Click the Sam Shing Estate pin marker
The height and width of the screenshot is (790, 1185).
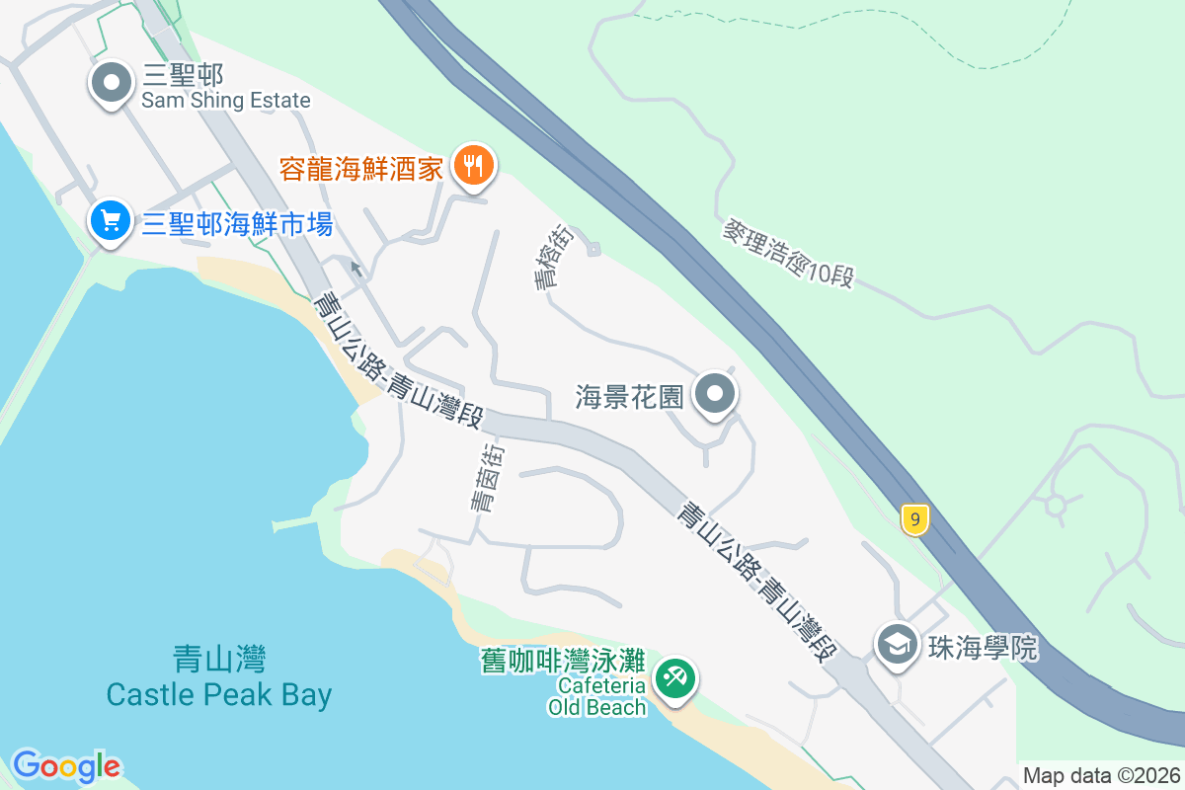tap(111, 83)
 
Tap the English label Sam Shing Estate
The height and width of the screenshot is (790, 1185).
tap(225, 101)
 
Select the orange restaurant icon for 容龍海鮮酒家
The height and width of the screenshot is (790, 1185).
tap(473, 166)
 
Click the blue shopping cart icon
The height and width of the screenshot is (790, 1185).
tap(111, 221)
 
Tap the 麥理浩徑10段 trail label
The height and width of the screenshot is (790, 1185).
tap(787, 253)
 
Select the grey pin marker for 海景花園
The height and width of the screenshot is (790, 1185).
tap(716, 395)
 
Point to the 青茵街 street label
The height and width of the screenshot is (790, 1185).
tap(487, 477)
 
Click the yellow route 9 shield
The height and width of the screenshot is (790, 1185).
tap(915, 518)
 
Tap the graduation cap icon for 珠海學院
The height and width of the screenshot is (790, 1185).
tap(897, 646)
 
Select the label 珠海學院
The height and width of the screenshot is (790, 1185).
tap(982, 648)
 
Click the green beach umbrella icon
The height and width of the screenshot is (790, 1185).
tap(676, 679)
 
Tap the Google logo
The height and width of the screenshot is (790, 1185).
tap(66, 765)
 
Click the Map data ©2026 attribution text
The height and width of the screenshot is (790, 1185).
tap(1101, 775)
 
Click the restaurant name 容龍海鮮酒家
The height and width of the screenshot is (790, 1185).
tap(360, 169)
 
